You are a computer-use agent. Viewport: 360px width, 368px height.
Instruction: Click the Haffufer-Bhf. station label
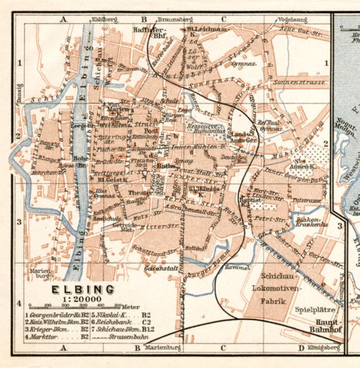coord(148,32)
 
